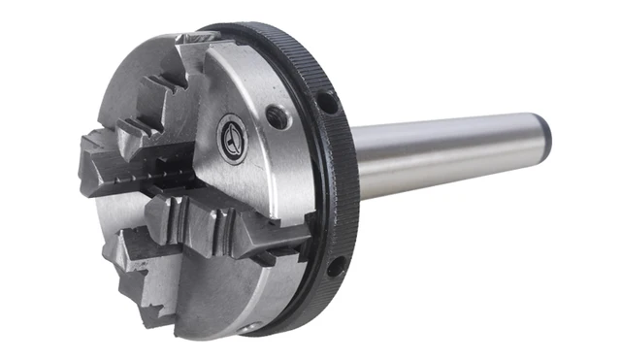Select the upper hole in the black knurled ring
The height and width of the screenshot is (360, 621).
pos(327,102)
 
